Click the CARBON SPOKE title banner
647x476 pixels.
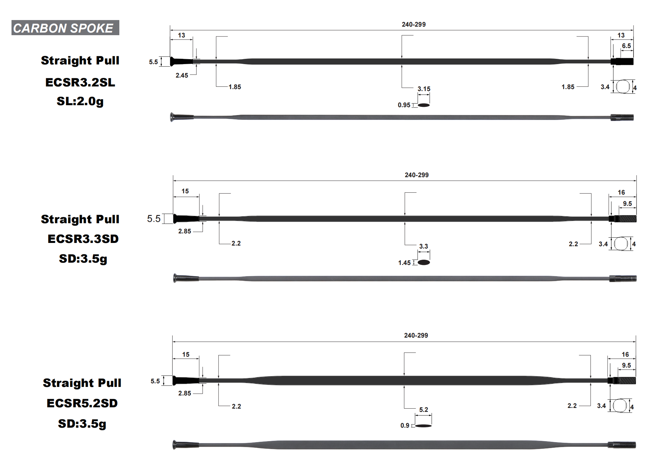coord(65,28)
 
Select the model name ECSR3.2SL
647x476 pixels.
coord(80,82)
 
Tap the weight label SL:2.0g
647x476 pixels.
coord(80,101)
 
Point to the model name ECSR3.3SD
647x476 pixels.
coord(83,239)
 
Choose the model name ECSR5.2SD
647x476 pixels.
coord(82,403)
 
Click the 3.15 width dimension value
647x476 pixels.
coord(424,89)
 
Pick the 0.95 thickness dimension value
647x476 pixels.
coord(404,105)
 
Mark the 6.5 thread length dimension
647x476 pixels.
coord(626,46)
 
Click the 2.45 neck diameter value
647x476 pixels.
coord(182,75)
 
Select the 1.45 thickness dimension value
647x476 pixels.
coord(404,263)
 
